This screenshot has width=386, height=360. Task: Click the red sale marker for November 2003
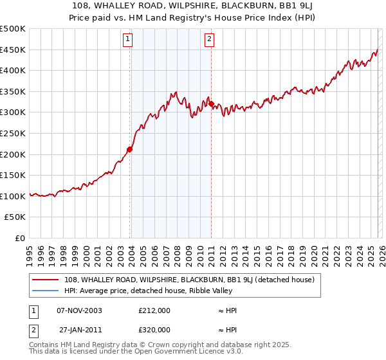[130, 149]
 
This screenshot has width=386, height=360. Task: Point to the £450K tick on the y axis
[13, 50]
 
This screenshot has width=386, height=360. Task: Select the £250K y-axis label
[13, 133]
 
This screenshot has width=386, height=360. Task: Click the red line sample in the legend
[45, 280]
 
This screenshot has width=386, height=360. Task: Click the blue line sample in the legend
[45, 291]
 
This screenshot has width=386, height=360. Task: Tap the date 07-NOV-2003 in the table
[80, 310]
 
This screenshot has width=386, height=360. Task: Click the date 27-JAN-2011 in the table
[80, 329]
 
